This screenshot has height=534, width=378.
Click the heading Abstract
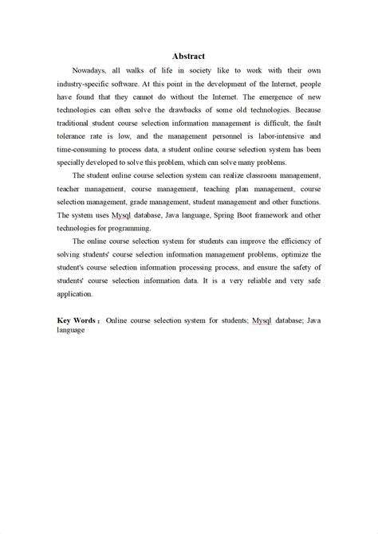click(x=189, y=57)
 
